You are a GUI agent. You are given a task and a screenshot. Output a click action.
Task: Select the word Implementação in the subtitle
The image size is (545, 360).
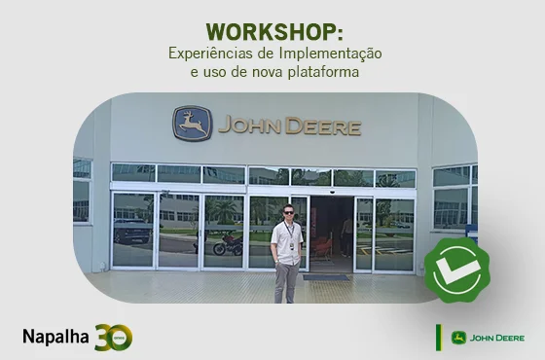tap(329, 53)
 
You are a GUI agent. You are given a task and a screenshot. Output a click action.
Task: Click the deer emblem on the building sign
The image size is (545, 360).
tap(193, 124)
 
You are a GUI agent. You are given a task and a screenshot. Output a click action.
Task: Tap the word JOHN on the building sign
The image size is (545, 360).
tap(251, 126)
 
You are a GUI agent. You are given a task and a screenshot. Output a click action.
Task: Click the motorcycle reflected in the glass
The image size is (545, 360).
tap(228, 244)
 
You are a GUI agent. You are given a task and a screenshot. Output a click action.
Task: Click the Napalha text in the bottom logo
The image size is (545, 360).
tap(55, 337)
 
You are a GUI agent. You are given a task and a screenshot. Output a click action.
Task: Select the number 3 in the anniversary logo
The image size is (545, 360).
tap(102, 337)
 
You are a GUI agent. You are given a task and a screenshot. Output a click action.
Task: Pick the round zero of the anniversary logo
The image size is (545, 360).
tap(121, 338)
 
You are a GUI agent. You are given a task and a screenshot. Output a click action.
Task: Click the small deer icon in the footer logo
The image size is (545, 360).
tap(458, 338)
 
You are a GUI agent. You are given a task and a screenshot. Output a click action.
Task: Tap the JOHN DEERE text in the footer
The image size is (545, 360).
tap(497, 338)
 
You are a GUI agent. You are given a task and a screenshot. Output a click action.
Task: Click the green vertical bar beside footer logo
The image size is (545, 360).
tap(438, 337)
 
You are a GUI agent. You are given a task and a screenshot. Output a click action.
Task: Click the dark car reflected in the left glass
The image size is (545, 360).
tap(130, 232)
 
